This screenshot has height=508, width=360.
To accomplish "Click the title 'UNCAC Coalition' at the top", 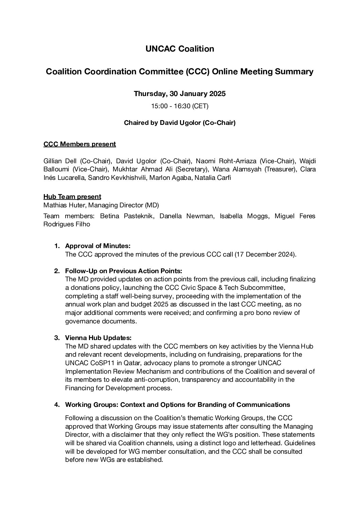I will tap(180, 49).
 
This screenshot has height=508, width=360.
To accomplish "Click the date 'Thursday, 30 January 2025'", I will tap(180, 94).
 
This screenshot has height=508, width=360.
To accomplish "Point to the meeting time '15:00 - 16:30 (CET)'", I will tap(180, 106).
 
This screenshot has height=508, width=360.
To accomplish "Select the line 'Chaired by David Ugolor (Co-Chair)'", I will tap(180, 123).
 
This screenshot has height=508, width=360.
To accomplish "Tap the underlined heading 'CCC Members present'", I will tap(79, 144).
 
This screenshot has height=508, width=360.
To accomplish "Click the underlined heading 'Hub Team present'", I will tap(72, 197).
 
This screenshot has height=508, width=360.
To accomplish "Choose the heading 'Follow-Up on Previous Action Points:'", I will tap(124, 271).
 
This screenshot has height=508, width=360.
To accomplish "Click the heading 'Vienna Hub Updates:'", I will tap(98, 338).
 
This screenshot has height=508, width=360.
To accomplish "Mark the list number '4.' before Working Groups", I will tap(57, 405).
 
